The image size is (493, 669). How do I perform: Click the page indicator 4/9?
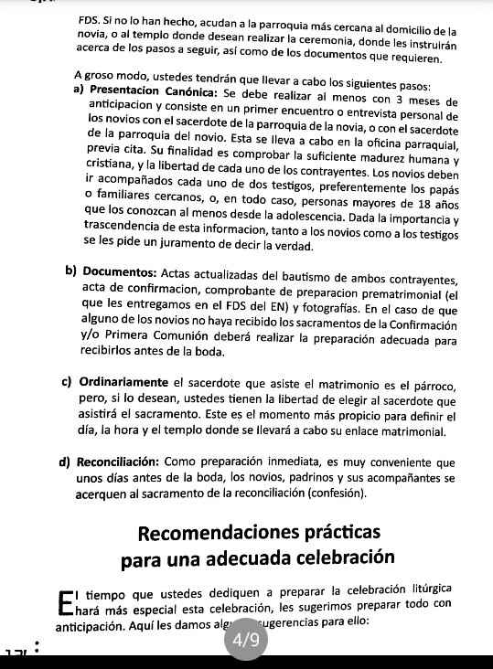tap(245, 642)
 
